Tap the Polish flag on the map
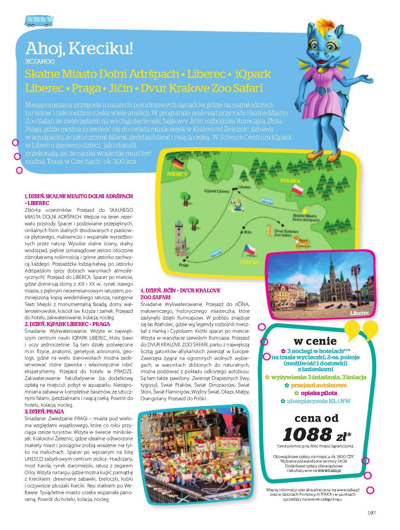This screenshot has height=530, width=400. [297, 190]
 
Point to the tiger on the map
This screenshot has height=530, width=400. [301, 241]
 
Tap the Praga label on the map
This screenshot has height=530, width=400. [183, 265]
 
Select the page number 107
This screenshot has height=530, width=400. [372, 513]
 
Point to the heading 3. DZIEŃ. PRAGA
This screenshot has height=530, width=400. [44, 412]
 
